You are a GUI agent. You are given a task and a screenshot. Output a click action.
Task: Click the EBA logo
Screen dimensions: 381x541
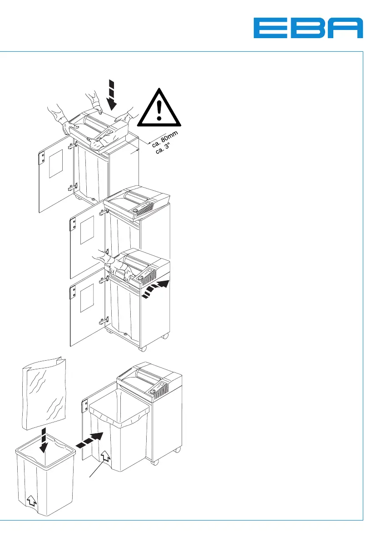point(308,28)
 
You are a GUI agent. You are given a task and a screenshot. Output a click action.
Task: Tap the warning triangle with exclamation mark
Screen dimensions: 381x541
point(158,108)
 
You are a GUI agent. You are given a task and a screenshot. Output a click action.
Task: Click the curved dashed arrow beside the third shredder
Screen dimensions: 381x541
point(155,290)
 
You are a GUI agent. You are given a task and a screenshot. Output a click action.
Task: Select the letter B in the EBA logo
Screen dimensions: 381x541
point(309,28)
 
